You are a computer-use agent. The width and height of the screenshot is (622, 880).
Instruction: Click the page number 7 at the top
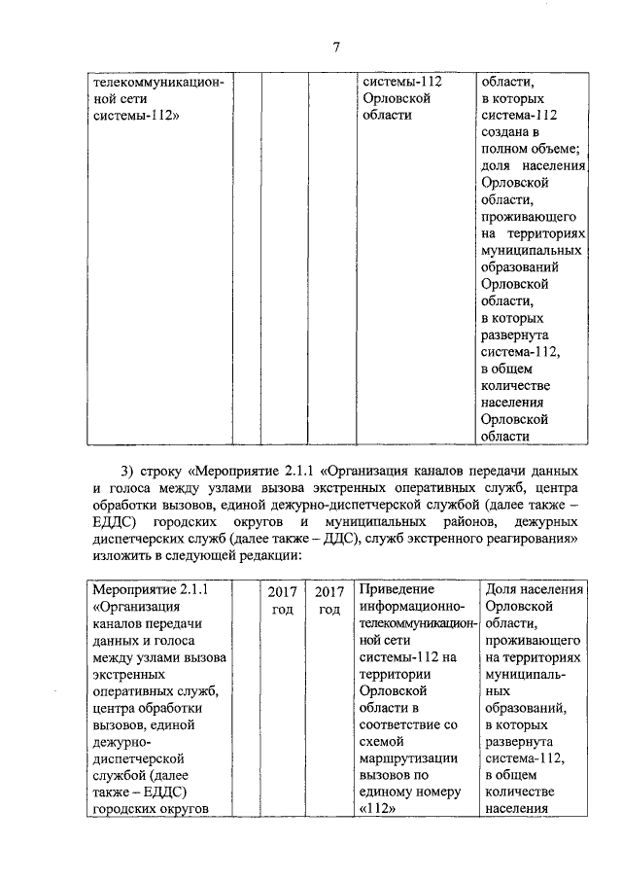pyautogui.click(x=335, y=47)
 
